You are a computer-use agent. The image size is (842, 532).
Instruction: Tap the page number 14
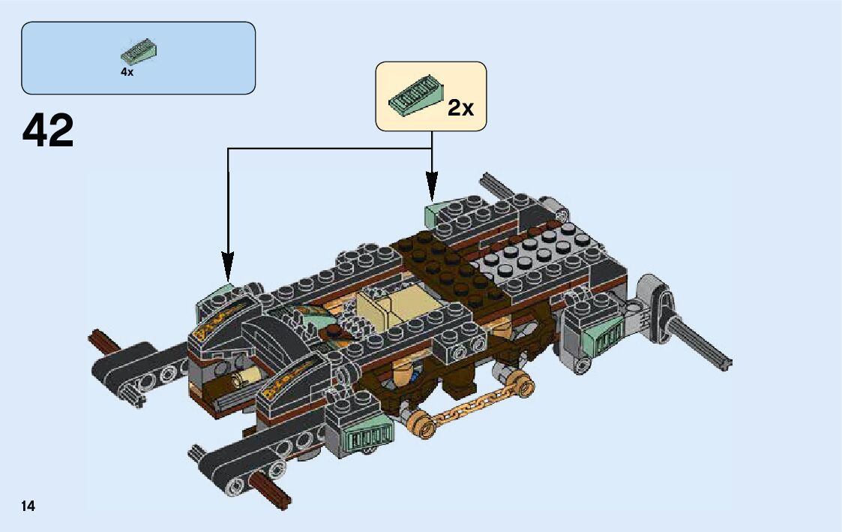(28, 506)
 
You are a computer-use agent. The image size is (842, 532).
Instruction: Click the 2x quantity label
(460, 108)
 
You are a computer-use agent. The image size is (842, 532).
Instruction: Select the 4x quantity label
(127, 73)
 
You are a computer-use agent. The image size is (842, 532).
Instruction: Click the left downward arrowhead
(228, 266)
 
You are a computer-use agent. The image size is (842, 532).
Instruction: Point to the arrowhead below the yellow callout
(431, 185)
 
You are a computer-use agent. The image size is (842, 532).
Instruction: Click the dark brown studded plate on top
(442, 266)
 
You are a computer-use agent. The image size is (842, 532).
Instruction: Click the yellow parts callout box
(431, 97)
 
